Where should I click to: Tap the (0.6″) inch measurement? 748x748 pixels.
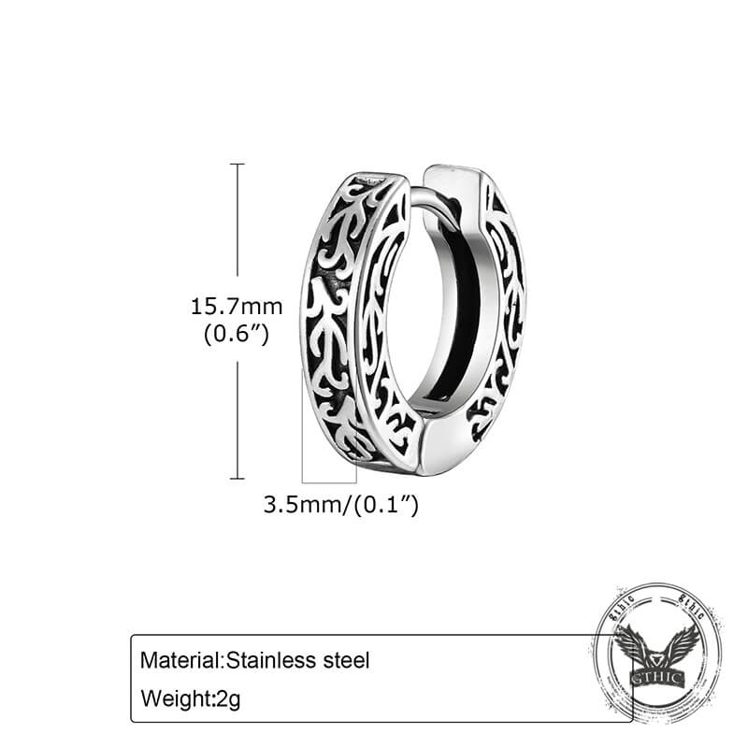237,333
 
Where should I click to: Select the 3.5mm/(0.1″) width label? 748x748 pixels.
340,506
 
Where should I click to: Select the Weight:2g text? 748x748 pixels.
191,698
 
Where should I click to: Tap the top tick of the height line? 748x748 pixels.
237,165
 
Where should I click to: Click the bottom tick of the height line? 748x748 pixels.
237,477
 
